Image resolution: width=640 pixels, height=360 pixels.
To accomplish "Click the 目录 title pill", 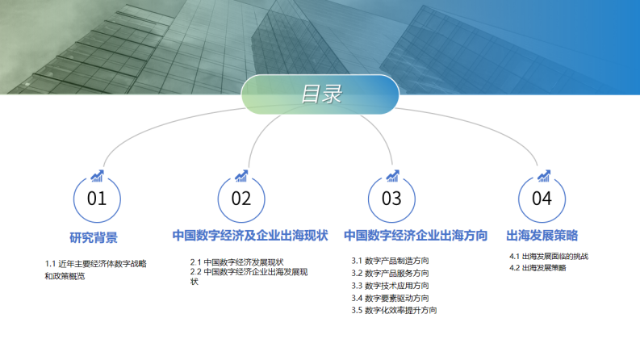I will pos(320,94).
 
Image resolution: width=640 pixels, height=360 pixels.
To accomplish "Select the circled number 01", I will pos(97,199).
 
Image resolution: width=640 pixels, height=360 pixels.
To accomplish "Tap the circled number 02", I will pos(241,199).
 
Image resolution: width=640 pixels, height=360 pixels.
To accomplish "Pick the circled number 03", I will pos(391,199).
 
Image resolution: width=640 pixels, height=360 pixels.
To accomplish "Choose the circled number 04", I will pos(542,199).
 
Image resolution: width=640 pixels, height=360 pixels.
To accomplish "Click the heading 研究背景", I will pos(94,237).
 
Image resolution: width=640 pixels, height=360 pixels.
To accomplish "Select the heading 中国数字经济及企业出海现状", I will pos(250,236).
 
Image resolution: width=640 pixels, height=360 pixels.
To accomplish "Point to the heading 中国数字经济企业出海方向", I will pos(416,236).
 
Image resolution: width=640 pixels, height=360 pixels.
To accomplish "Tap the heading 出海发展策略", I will pos(542,236).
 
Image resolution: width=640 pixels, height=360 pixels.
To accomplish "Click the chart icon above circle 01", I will pos(97,175).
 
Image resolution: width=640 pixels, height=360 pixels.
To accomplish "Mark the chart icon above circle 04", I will pos(544,175).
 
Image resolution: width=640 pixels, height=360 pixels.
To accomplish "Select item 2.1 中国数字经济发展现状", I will pos(236,262).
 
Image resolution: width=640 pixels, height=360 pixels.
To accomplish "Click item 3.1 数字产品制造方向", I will pos(390,261).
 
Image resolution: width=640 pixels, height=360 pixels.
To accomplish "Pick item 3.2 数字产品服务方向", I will pos(390,274).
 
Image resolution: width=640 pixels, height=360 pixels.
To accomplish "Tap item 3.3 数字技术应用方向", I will pos(390,286).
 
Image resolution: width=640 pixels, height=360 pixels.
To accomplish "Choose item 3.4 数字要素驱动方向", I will pos(390,298).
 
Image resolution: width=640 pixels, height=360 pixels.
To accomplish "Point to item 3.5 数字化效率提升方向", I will pos(394,310).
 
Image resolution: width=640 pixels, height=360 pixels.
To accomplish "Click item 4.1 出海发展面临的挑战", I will pos(549,257).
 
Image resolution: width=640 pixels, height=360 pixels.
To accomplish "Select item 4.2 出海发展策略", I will pos(538,267).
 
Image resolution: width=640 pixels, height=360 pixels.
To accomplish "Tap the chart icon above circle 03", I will pos(393,175).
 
